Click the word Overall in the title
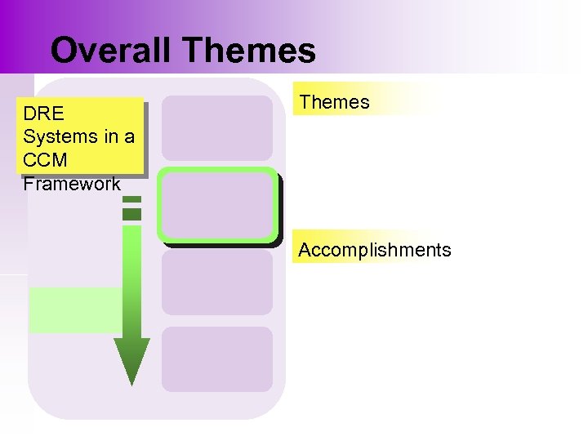coord(112,51)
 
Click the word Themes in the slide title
coord(249,51)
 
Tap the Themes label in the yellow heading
coord(334,102)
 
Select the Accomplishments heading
coord(374,250)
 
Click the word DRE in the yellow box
coord(44,113)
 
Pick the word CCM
coord(46,160)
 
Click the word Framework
coord(72,184)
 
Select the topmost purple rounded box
coord(216,127)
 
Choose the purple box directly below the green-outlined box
coord(216,283)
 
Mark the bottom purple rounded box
coord(216,359)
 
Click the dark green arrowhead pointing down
coord(131,359)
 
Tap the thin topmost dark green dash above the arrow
coord(131,199)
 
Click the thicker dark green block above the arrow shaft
coord(131,214)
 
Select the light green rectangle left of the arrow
coord(73,310)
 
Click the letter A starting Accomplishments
coord(305,250)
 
